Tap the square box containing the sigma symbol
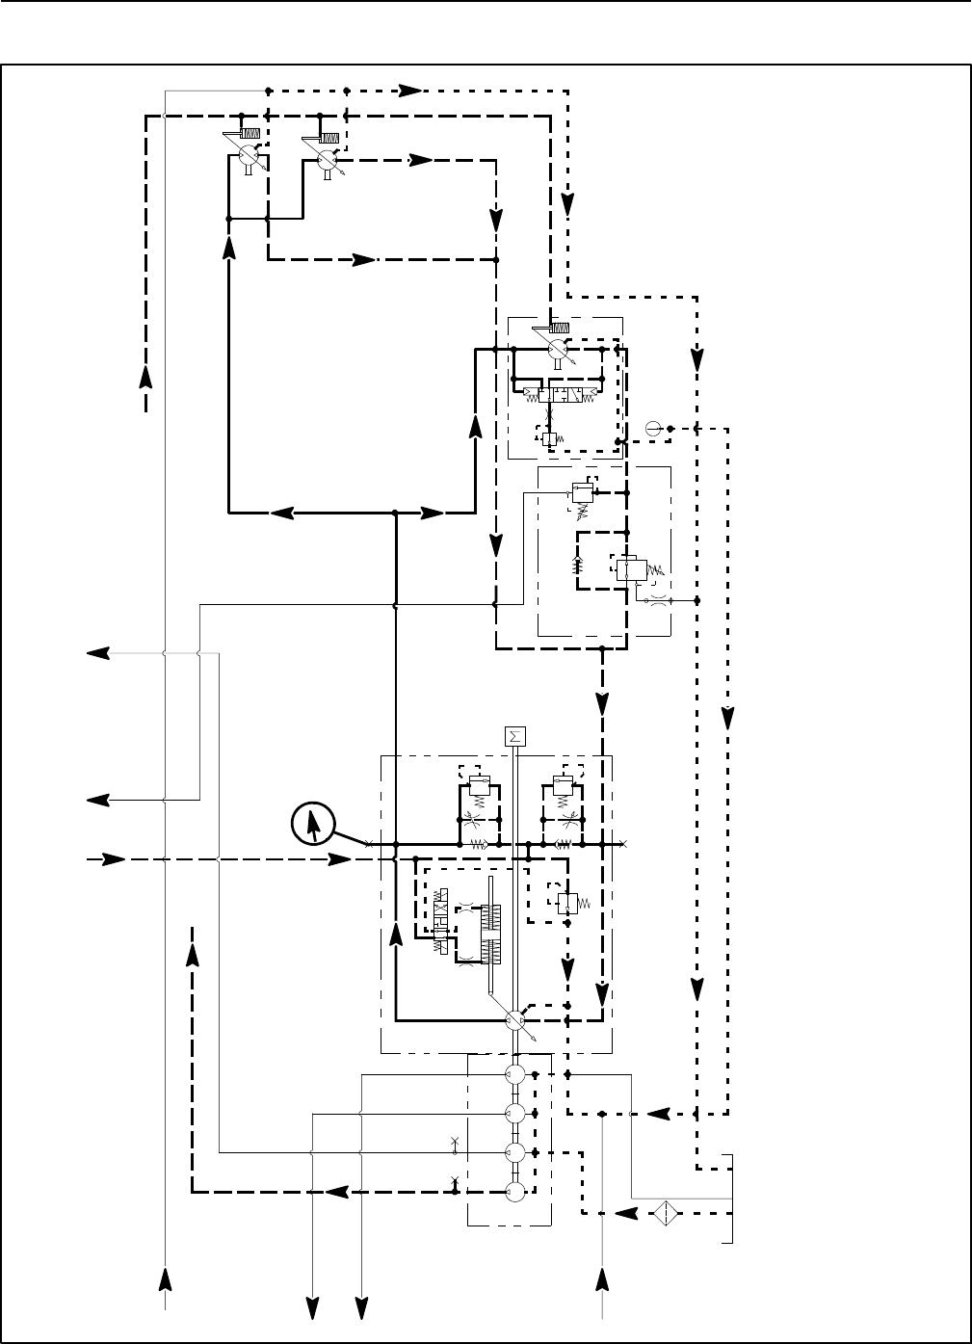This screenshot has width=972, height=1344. tap(514, 737)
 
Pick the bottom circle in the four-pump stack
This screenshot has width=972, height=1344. tap(515, 1192)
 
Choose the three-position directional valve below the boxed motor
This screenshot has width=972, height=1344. tap(557, 395)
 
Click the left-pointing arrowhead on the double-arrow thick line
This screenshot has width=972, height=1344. tap(281, 513)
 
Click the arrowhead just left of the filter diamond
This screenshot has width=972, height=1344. tap(626, 1213)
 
